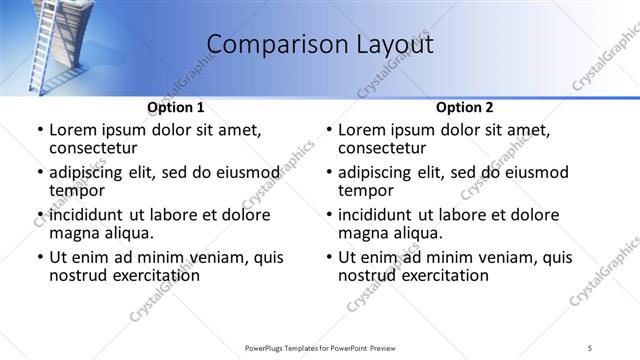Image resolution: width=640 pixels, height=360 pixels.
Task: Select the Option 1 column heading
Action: [x=176, y=107]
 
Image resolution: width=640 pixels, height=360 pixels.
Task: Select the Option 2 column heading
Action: [x=465, y=107]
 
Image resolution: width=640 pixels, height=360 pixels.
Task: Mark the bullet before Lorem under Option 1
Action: [x=39, y=131]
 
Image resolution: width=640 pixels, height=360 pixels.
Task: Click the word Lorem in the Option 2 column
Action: [x=362, y=130]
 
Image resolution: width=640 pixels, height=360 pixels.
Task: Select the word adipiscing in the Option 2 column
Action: [x=379, y=173]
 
